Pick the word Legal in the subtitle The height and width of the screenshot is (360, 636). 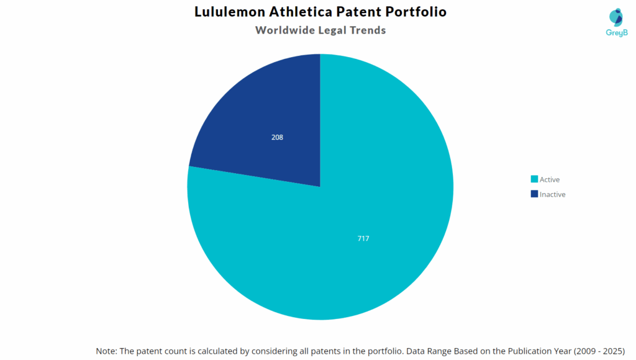pos(334,30)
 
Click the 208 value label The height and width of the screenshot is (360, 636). pos(277,137)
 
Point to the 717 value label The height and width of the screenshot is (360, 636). pos(363,238)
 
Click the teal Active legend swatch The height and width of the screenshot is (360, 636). pos(534,179)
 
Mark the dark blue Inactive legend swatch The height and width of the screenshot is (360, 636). pos(534,194)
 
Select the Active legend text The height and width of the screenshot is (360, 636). pos(550,179)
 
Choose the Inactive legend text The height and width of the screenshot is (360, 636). pos(553,194)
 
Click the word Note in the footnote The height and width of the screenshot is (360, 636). pos(106,351)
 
